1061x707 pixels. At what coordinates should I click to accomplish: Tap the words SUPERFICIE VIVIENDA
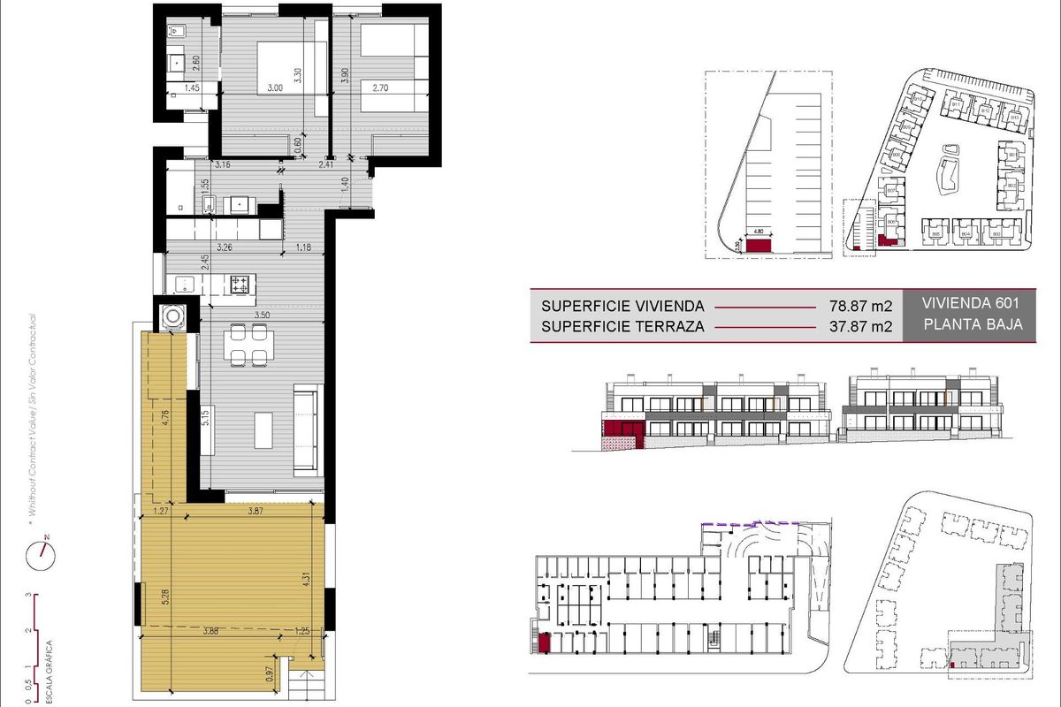(622, 307)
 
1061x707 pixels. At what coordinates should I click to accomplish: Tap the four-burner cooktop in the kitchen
(240, 285)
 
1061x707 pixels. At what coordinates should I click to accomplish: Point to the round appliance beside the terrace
(172, 315)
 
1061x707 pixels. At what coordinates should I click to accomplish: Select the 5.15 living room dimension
(205, 417)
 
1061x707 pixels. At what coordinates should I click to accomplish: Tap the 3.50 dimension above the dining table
(262, 315)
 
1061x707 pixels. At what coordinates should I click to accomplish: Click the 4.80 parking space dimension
(758, 233)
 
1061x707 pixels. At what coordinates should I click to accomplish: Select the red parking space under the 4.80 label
(759, 245)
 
